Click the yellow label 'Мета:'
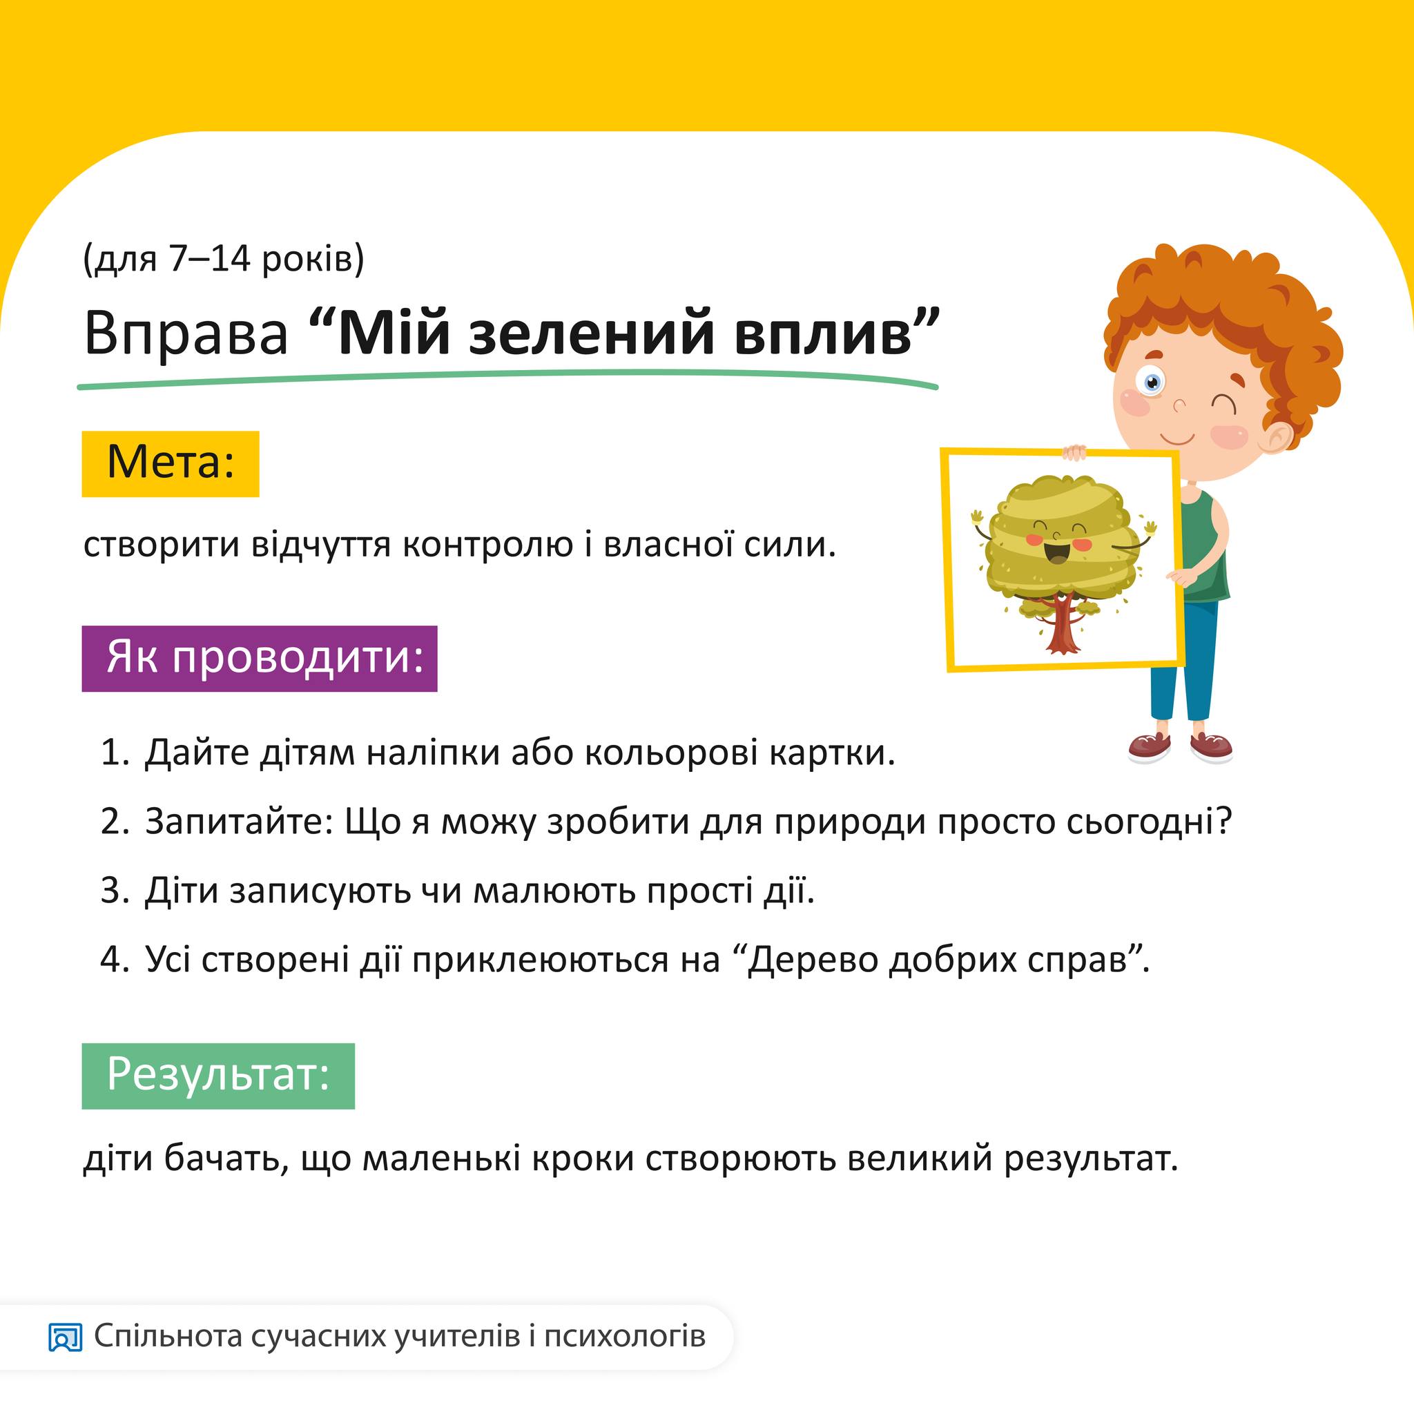[x=171, y=464]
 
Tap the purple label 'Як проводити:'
[x=259, y=658]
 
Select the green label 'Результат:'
[x=218, y=1076]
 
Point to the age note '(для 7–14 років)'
[x=223, y=259]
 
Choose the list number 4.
[x=115, y=958]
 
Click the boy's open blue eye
[x=1153, y=382]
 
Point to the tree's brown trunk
[x=1062, y=626]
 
